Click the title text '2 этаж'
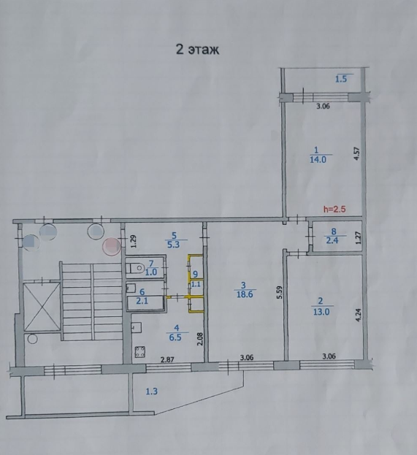198,50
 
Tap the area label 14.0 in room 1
318,160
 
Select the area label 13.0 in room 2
321,312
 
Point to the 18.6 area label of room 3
245,294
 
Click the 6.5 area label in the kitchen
175,338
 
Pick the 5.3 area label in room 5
174,245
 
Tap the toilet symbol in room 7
136,268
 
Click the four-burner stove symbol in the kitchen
140,352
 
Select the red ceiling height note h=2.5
334,209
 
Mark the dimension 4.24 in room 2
359,315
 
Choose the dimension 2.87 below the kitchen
167,359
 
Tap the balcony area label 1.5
341,79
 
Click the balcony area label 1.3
151,391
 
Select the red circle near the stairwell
112,246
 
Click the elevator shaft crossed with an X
42,307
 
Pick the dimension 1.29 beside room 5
134,241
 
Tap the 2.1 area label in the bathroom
142,301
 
